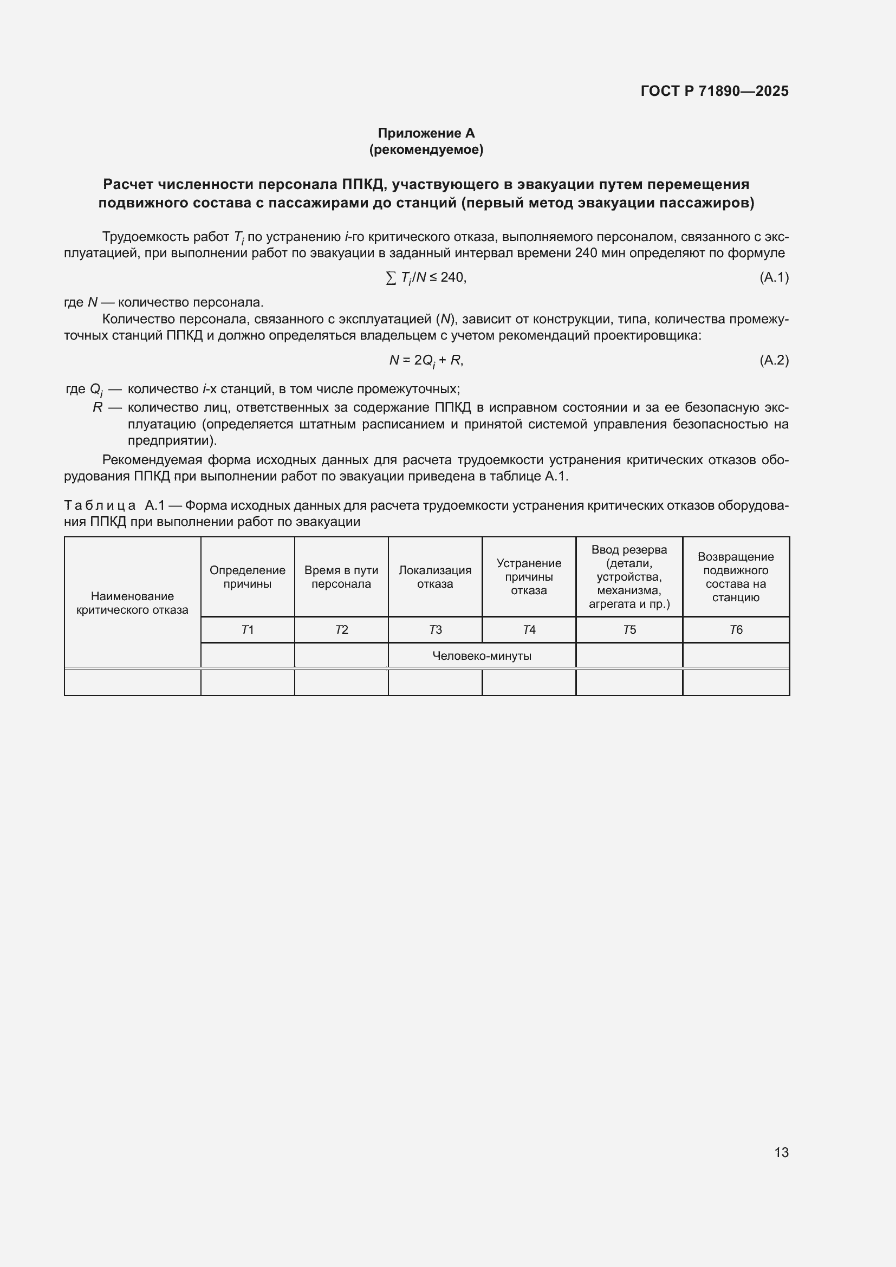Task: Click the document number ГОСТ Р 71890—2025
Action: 715,91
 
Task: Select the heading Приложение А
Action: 426,133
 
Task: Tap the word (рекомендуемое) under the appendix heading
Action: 426,150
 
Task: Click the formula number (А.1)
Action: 774,277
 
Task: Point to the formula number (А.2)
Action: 774,360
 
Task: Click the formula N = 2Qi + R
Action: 426,360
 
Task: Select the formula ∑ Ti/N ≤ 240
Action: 426,277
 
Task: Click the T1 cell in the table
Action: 248,629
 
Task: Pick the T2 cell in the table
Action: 341,629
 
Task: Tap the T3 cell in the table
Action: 436,629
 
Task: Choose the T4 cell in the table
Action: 529,629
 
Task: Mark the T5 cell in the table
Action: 629,629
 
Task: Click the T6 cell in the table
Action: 736,629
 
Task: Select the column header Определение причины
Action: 248,577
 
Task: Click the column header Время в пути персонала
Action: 341,577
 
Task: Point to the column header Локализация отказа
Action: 436,577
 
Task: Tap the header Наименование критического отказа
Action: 132,602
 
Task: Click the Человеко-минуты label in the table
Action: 482,655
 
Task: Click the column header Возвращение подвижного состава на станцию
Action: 736,577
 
